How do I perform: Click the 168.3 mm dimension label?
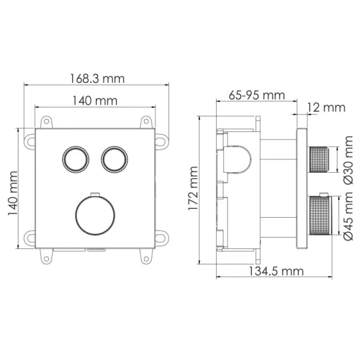(x=96, y=79)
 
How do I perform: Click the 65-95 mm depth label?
(x=256, y=95)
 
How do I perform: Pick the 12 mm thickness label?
(x=325, y=107)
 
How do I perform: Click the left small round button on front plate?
(x=76, y=159)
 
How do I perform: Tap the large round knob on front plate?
(x=94, y=214)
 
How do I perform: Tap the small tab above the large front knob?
(x=94, y=194)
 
